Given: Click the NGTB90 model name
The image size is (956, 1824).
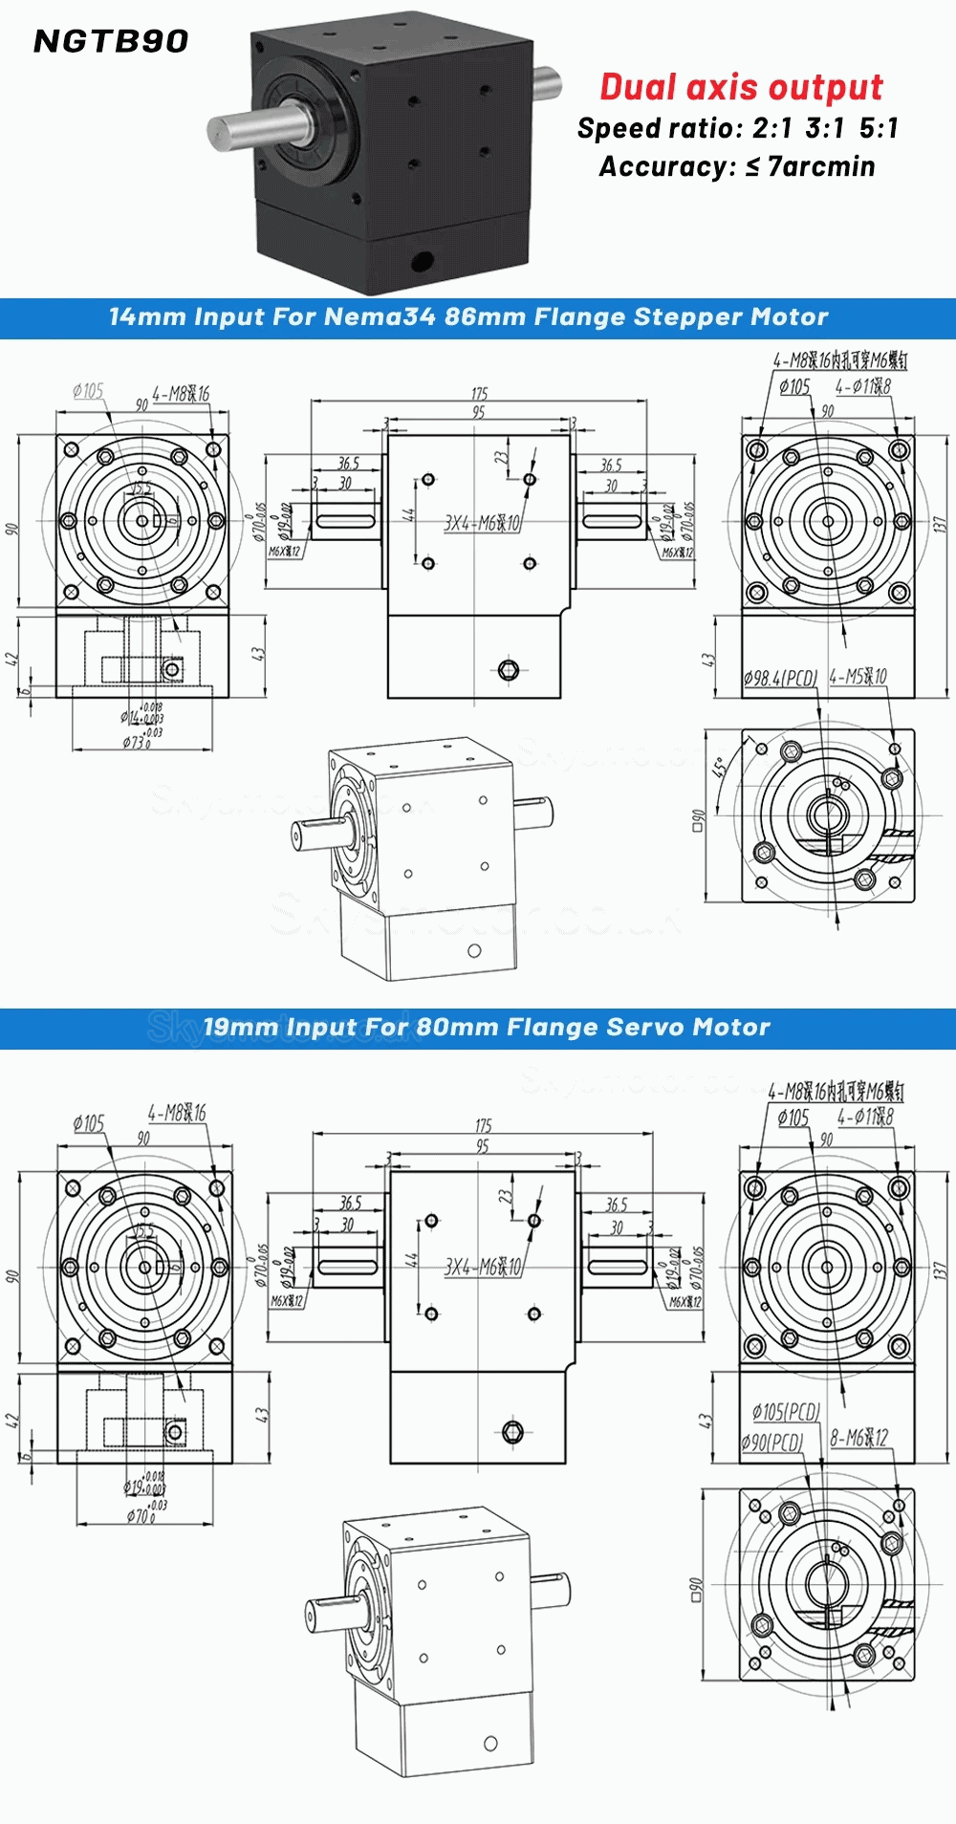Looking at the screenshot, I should [111, 41].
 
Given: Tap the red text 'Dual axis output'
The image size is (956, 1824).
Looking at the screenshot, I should [741, 87].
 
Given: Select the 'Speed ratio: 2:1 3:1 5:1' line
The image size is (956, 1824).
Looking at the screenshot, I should [737, 128].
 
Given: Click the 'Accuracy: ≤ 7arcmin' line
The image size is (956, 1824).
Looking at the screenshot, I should [736, 166].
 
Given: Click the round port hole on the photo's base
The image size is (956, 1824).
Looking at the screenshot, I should [421, 259].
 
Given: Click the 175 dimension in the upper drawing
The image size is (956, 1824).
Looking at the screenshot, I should [479, 393].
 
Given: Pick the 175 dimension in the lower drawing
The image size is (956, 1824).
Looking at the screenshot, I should [484, 1125].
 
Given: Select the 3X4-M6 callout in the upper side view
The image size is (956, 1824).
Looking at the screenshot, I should [482, 523].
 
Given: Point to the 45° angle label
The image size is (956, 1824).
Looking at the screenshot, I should [719, 767].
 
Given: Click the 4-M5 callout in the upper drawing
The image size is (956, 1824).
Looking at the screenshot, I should [858, 677].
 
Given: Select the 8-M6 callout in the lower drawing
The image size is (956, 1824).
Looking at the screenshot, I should [858, 1438].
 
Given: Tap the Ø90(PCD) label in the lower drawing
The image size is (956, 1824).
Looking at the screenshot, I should [771, 1443].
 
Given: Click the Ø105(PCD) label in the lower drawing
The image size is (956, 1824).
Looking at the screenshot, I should [786, 1412].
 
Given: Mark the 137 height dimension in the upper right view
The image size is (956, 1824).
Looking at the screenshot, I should [939, 524].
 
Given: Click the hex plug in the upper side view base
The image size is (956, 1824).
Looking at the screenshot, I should [509, 669].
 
